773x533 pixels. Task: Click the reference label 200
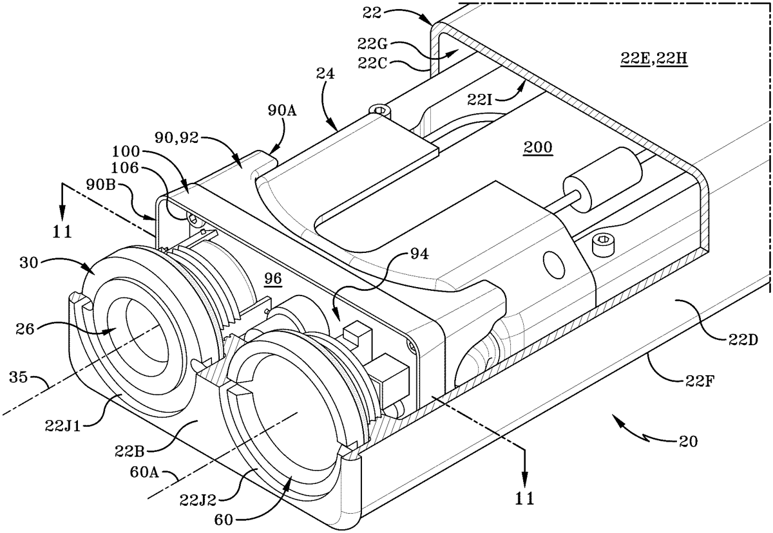[x=538, y=147]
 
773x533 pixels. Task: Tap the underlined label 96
[x=273, y=278]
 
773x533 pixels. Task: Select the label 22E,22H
[x=654, y=59]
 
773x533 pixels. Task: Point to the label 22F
[x=699, y=381]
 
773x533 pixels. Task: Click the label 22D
[x=743, y=341]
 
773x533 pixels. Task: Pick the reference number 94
[x=419, y=254]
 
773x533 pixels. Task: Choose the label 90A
[x=282, y=111]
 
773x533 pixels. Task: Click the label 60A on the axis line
[x=144, y=472]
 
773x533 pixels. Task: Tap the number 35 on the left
[x=18, y=377]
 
